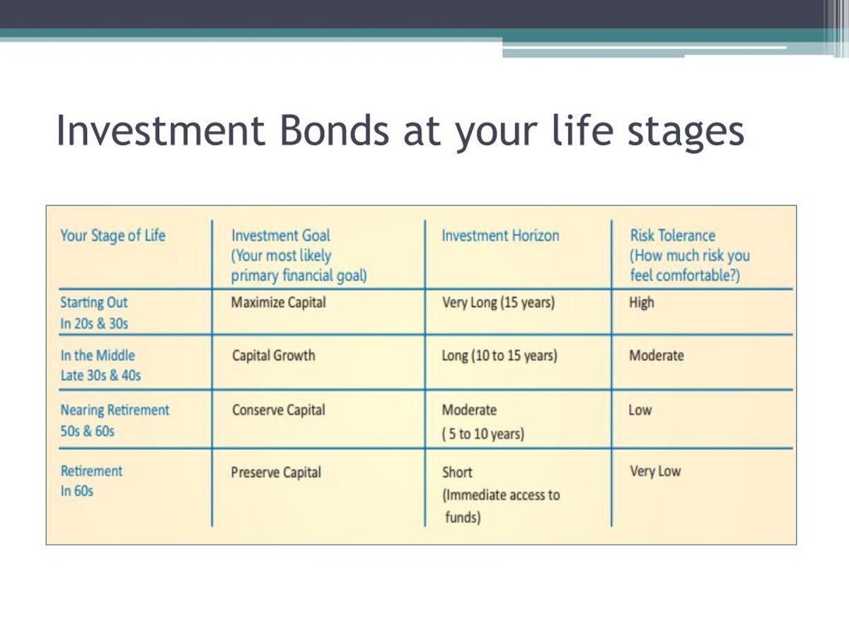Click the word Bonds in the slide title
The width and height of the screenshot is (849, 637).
334,130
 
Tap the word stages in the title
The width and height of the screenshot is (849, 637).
686,132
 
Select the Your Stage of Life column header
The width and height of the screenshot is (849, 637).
112,236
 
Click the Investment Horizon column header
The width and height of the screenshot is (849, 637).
500,235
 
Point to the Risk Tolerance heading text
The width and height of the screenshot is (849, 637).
673,235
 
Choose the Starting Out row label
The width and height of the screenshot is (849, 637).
93,302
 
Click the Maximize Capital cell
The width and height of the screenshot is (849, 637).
279,302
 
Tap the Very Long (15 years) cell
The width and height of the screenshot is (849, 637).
499,302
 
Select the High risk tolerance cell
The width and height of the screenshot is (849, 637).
642,302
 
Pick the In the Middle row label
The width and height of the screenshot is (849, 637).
98,355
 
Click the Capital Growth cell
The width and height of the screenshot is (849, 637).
274,355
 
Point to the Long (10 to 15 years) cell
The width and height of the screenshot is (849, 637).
499,355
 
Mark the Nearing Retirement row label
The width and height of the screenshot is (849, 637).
115,410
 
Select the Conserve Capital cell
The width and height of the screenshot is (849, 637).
279,410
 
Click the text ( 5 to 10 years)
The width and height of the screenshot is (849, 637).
483,434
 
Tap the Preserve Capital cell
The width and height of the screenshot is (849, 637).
276,472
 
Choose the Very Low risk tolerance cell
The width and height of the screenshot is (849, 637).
655,471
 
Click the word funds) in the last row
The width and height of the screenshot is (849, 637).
463,517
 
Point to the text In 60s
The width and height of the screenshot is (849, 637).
77,490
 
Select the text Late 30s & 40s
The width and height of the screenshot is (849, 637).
100,375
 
